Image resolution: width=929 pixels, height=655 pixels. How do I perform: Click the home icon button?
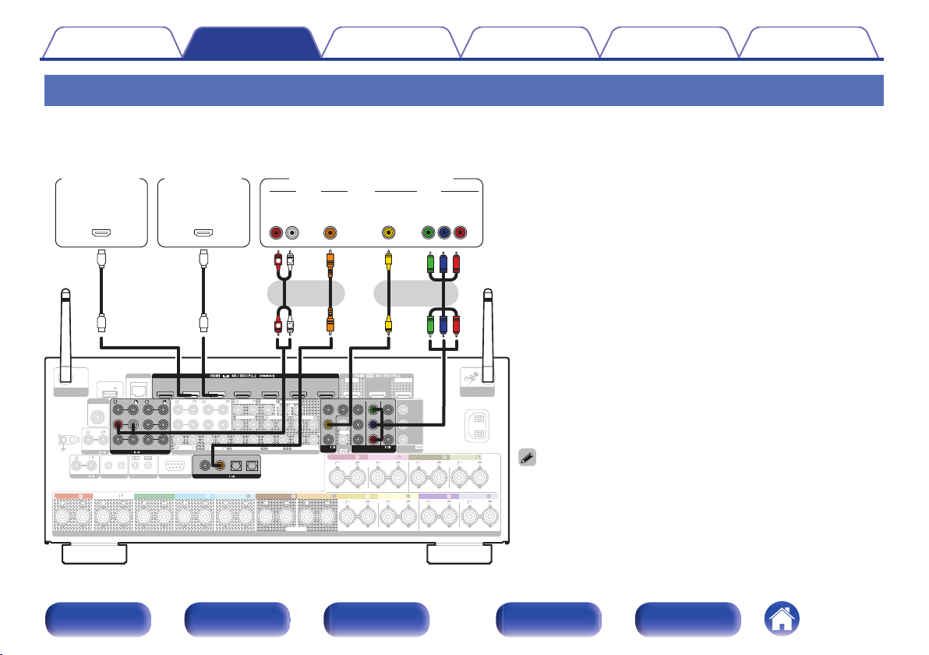(782, 621)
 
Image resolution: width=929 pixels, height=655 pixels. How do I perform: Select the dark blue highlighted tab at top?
(251, 44)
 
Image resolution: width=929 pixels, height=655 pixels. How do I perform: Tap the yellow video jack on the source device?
(387, 232)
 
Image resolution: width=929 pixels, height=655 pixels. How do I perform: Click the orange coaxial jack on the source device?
(330, 232)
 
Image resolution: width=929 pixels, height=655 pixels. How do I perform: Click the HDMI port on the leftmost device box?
(101, 232)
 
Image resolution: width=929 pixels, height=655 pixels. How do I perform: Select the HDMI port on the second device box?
(203, 232)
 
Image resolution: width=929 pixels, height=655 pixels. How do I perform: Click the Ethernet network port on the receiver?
(138, 390)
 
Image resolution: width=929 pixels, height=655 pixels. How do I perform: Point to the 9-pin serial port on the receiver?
(174, 467)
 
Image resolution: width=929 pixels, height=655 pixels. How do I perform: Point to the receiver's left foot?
(94, 553)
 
